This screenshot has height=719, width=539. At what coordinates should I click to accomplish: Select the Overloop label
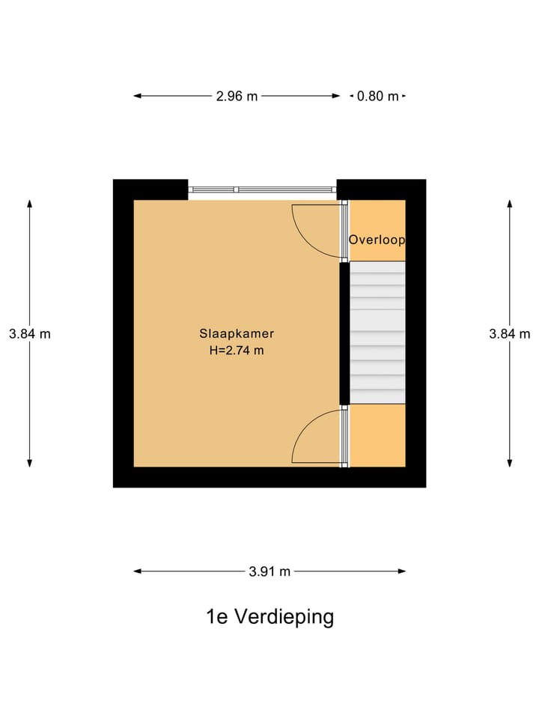point(377,240)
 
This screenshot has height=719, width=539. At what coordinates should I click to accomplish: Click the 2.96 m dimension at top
point(237,96)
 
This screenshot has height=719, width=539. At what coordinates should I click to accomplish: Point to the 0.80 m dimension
point(378,96)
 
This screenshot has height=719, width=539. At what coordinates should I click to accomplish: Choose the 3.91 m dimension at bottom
point(269,571)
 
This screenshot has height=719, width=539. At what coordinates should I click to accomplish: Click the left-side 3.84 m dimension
point(30,334)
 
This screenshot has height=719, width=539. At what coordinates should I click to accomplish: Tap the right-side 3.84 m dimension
point(510,334)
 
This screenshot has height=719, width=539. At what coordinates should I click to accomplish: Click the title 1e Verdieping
point(269,617)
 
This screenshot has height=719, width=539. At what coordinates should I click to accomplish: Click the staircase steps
point(377,333)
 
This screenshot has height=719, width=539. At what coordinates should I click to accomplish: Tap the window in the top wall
point(261,189)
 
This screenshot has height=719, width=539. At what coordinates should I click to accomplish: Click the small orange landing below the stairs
point(377,435)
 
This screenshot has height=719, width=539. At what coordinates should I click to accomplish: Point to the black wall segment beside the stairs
point(344,333)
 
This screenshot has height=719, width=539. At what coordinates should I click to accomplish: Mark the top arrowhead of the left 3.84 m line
point(30,204)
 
